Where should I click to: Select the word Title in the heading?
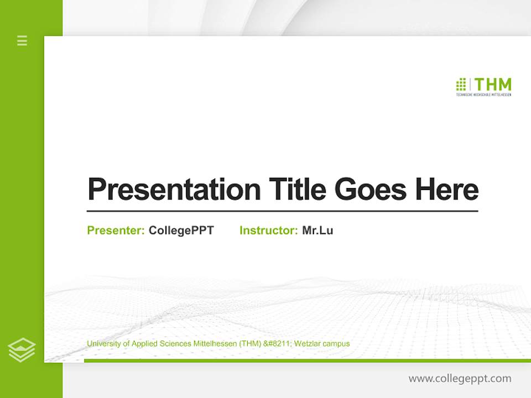(x=298, y=190)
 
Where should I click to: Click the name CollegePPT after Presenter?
(x=181, y=231)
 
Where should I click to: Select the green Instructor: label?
(x=268, y=231)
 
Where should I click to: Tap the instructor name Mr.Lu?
(x=317, y=231)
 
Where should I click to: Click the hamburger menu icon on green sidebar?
(x=22, y=40)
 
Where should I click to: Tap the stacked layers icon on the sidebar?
(x=22, y=350)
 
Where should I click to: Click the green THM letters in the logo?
(x=493, y=85)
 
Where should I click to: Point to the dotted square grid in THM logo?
(x=461, y=85)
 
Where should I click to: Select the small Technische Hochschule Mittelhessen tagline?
(x=483, y=95)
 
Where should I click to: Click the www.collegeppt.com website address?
(x=460, y=379)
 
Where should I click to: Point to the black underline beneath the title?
(x=282, y=211)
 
